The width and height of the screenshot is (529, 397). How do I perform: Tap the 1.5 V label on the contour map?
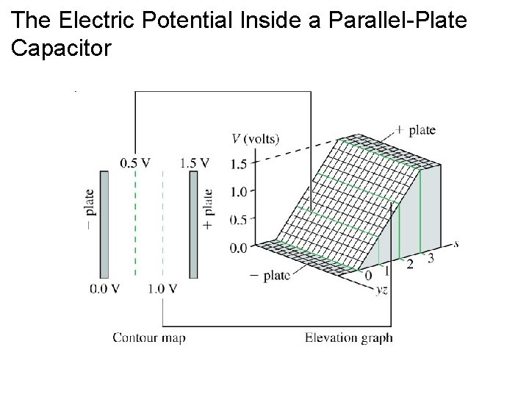pos(194,163)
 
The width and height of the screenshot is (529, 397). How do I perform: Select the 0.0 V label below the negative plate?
pos(104,288)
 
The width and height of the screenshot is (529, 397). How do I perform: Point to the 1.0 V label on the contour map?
pos(163,288)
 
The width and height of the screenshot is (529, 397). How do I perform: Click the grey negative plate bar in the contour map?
pos(104,224)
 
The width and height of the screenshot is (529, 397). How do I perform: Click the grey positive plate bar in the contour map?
pos(193,224)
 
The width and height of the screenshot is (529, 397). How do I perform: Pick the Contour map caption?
pos(148,338)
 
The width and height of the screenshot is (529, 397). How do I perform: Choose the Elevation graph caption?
pos(348,338)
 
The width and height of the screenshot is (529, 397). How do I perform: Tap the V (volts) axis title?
pos(256,138)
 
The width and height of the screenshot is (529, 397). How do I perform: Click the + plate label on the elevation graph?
pos(415,130)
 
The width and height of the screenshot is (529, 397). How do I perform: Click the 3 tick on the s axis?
pos(431,258)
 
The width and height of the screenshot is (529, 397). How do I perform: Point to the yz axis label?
pos(381,290)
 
